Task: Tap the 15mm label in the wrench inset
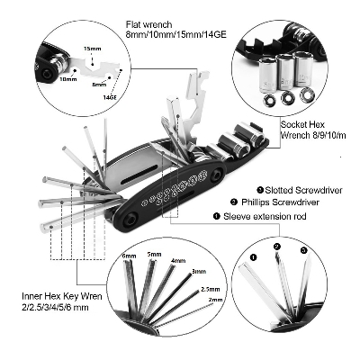[x=92, y=48]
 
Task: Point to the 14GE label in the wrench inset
[x=110, y=94]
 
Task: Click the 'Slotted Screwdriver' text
[x=300, y=189]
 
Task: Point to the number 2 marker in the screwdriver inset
[x=277, y=245]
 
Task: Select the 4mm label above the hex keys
[x=178, y=261]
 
